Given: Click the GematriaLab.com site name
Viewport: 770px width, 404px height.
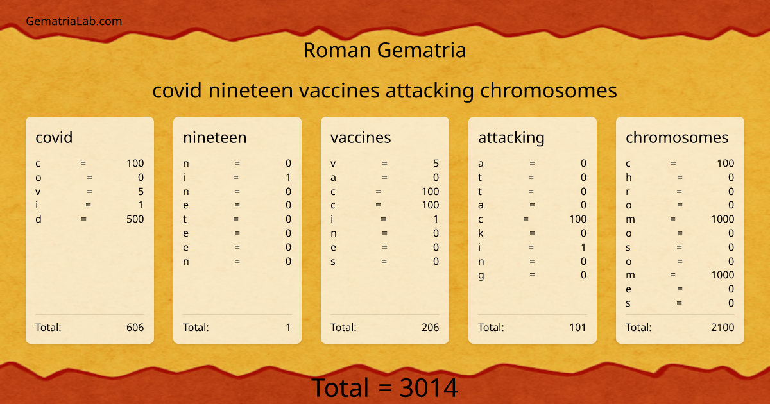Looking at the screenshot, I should pyautogui.click(x=74, y=21).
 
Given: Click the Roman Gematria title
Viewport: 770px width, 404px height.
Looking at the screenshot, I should pyautogui.click(x=384, y=50).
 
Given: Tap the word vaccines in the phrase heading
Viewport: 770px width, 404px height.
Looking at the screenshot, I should pyautogui.click(x=339, y=91).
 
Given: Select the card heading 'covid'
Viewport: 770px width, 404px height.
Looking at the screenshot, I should pyautogui.click(x=54, y=137).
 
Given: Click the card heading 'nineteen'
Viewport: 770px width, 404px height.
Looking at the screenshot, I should pyautogui.click(x=214, y=137).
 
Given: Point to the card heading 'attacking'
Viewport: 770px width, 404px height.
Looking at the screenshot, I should pyautogui.click(x=511, y=137).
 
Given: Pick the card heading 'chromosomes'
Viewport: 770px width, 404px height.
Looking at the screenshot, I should pyautogui.click(x=677, y=137).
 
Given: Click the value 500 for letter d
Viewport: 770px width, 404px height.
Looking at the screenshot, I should pyautogui.click(x=135, y=219).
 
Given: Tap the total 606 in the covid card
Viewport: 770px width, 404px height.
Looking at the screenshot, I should pyautogui.click(x=135, y=328).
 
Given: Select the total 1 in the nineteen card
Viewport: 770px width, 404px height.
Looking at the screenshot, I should pyautogui.click(x=288, y=328).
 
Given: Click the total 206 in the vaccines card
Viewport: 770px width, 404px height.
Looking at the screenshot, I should pyautogui.click(x=430, y=328).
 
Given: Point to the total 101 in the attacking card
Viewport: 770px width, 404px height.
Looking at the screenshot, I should pyautogui.click(x=577, y=328).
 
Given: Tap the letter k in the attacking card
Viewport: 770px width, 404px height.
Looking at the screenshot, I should pyautogui.click(x=481, y=233).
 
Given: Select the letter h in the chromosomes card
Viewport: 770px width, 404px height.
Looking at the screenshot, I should pyautogui.click(x=629, y=178).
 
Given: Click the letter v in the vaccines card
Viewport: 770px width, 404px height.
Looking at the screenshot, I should pyautogui.click(x=333, y=164).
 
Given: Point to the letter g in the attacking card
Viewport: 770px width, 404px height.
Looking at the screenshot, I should pyautogui.click(x=481, y=276).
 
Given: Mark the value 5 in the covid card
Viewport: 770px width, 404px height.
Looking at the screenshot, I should pyautogui.click(x=141, y=191).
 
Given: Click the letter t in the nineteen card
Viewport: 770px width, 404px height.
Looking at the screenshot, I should pyautogui.click(x=185, y=219).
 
